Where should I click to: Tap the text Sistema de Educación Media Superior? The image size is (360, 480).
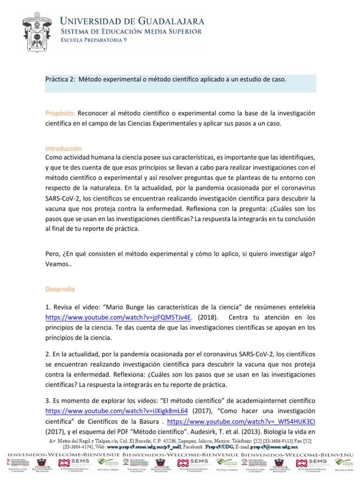[x=132, y=31]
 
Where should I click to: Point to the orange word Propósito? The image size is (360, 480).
[x=60, y=113]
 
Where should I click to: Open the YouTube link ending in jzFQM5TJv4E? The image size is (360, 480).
[x=119, y=316]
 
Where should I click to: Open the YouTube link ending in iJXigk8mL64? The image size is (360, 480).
[x=116, y=410]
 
